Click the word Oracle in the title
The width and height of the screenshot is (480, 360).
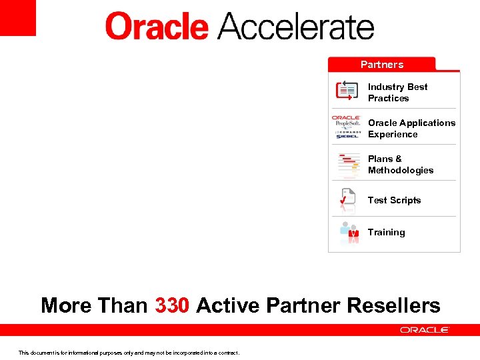[x=157, y=27]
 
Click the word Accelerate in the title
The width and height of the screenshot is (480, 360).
[x=295, y=27]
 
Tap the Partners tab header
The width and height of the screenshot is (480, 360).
[x=381, y=65]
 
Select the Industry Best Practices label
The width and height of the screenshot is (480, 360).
[x=397, y=93]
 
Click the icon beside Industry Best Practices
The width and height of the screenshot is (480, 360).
[x=347, y=91]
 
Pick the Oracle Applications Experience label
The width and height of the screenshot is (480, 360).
[x=411, y=129]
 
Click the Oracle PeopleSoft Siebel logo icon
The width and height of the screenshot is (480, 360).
[x=347, y=126]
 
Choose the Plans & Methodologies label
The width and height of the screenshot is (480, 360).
[x=400, y=165]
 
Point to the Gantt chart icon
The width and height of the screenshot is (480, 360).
[x=348, y=165]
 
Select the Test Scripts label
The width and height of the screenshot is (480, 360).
[x=394, y=200]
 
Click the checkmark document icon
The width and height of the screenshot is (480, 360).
[x=347, y=198]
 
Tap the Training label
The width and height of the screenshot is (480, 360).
[x=386, y=232]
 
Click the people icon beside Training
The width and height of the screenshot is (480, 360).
[x=349, y=232]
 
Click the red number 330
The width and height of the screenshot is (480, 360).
[x=173, y=305]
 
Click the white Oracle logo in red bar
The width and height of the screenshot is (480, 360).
[x=425, y=330]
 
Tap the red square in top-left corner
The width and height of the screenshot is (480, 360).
[x=17, y=17]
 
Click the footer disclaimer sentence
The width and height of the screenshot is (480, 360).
[x=129, y=353]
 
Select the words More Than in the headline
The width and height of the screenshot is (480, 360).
[x=94, y=305]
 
